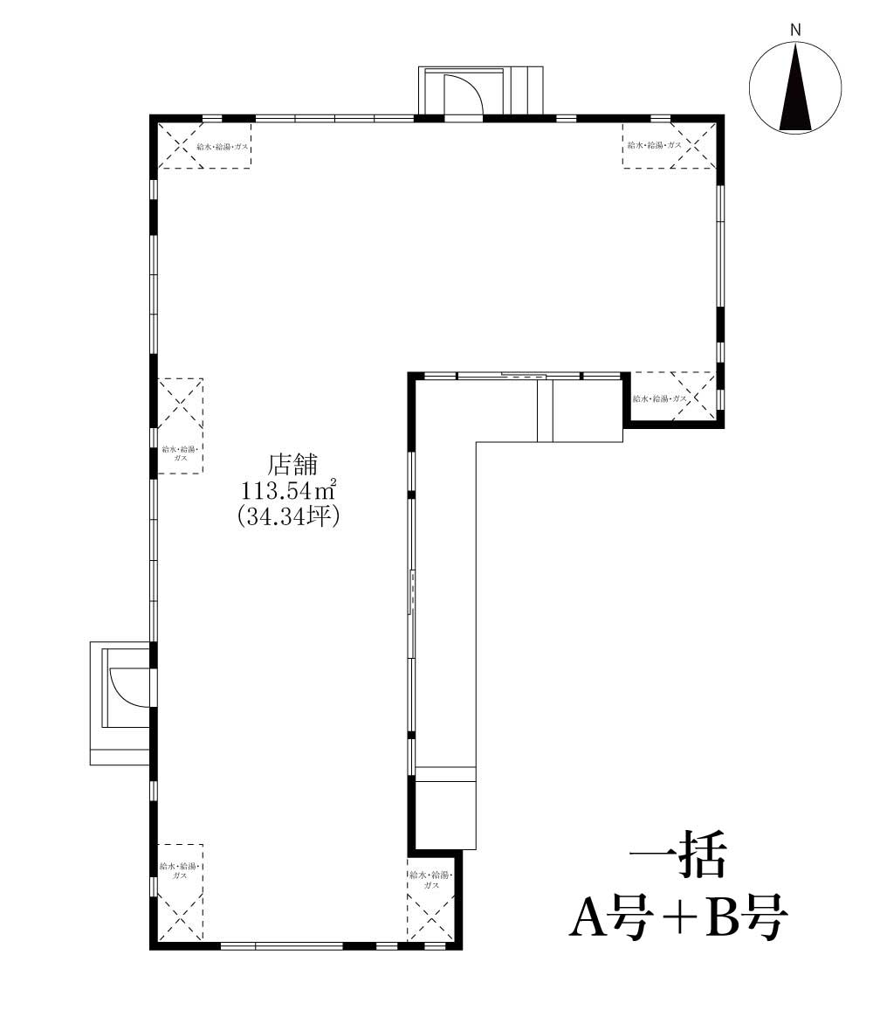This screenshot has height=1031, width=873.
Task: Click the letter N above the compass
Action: coord(795,30)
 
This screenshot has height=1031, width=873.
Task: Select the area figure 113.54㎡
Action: coord(290,490)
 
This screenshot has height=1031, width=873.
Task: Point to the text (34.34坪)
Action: coord(289,516)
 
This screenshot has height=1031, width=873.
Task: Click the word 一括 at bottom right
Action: coord(677,855)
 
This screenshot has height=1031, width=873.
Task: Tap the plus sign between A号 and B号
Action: coord(678,918)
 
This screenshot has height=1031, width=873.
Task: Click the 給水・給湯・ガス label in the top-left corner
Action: coord(223,147)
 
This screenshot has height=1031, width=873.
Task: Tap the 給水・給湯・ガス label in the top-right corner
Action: coord(654,145)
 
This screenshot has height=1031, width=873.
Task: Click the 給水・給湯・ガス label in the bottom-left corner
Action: coord(179,870)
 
